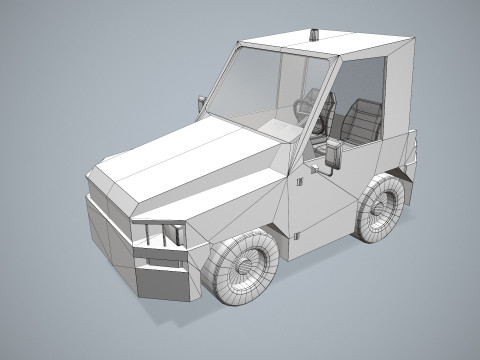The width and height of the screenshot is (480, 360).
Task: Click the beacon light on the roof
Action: [x=318, y=35]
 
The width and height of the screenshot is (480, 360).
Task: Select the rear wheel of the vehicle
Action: [x=381, y=208]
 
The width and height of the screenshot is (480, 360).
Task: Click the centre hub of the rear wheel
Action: [x=383, y=207]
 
